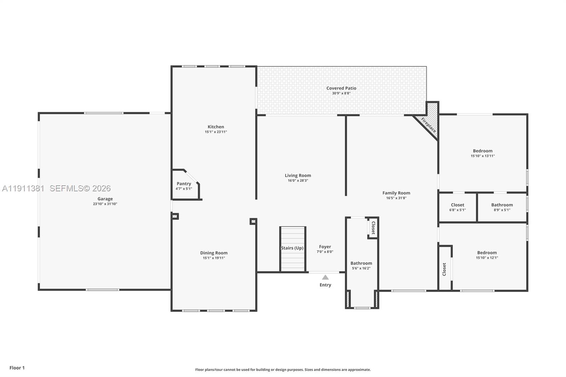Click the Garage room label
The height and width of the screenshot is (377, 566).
click(105, 199)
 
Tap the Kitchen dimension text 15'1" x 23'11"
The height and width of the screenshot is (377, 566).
click(216, 132)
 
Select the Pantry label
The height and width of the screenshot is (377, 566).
click(184, 184)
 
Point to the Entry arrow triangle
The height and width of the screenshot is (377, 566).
click(325, 277)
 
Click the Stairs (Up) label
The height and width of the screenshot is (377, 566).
click(292, 248)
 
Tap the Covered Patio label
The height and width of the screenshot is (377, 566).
click(341, 88)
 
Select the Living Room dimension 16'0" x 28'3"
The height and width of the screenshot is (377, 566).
click(298, 180)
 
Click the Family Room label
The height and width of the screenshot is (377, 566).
click(396, 193)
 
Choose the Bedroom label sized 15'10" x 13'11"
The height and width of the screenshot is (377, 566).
click(483, 151)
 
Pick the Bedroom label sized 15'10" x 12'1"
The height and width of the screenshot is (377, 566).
click(487, 253)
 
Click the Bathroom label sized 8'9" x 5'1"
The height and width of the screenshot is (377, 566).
click(502, 205)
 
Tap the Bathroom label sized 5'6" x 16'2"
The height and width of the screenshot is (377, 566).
click(361, 263)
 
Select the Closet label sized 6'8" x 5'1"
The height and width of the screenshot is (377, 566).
click(457, 205)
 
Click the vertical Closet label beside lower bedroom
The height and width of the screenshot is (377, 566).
click(444, 269)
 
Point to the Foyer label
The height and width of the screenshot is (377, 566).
click(325, 247)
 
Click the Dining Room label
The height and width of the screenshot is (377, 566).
click(214, 253)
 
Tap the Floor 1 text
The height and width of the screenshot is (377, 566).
click(17, 368)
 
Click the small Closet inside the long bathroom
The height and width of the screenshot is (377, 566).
click(373, 228)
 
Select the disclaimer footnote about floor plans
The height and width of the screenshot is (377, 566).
click(283, 370)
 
